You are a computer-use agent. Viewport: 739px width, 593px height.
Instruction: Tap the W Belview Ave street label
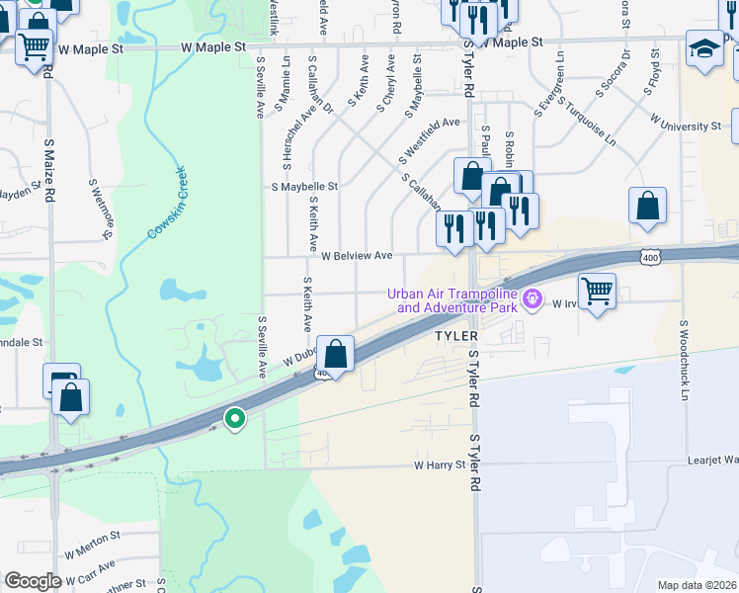[x=357, y=256]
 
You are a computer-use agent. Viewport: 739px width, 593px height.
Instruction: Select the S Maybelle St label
[x=304, y=186]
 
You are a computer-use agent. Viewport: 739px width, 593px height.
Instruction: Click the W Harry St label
[x=439, y=464]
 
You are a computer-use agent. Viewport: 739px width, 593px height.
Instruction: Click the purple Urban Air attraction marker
[x=533, y=296]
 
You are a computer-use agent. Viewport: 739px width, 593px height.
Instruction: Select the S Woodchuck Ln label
[x=684, y=360]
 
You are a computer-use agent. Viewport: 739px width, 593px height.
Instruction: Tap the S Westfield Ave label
[x=430, y=140]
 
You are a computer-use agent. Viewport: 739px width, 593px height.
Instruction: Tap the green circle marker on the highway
[x=235, y=419]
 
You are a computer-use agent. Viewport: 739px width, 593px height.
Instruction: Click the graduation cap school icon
[x=705, y=49]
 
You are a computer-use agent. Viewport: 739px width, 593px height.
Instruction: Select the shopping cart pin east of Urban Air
[x=597, y=292]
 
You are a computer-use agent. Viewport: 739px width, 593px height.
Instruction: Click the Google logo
[x=33, y=581]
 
